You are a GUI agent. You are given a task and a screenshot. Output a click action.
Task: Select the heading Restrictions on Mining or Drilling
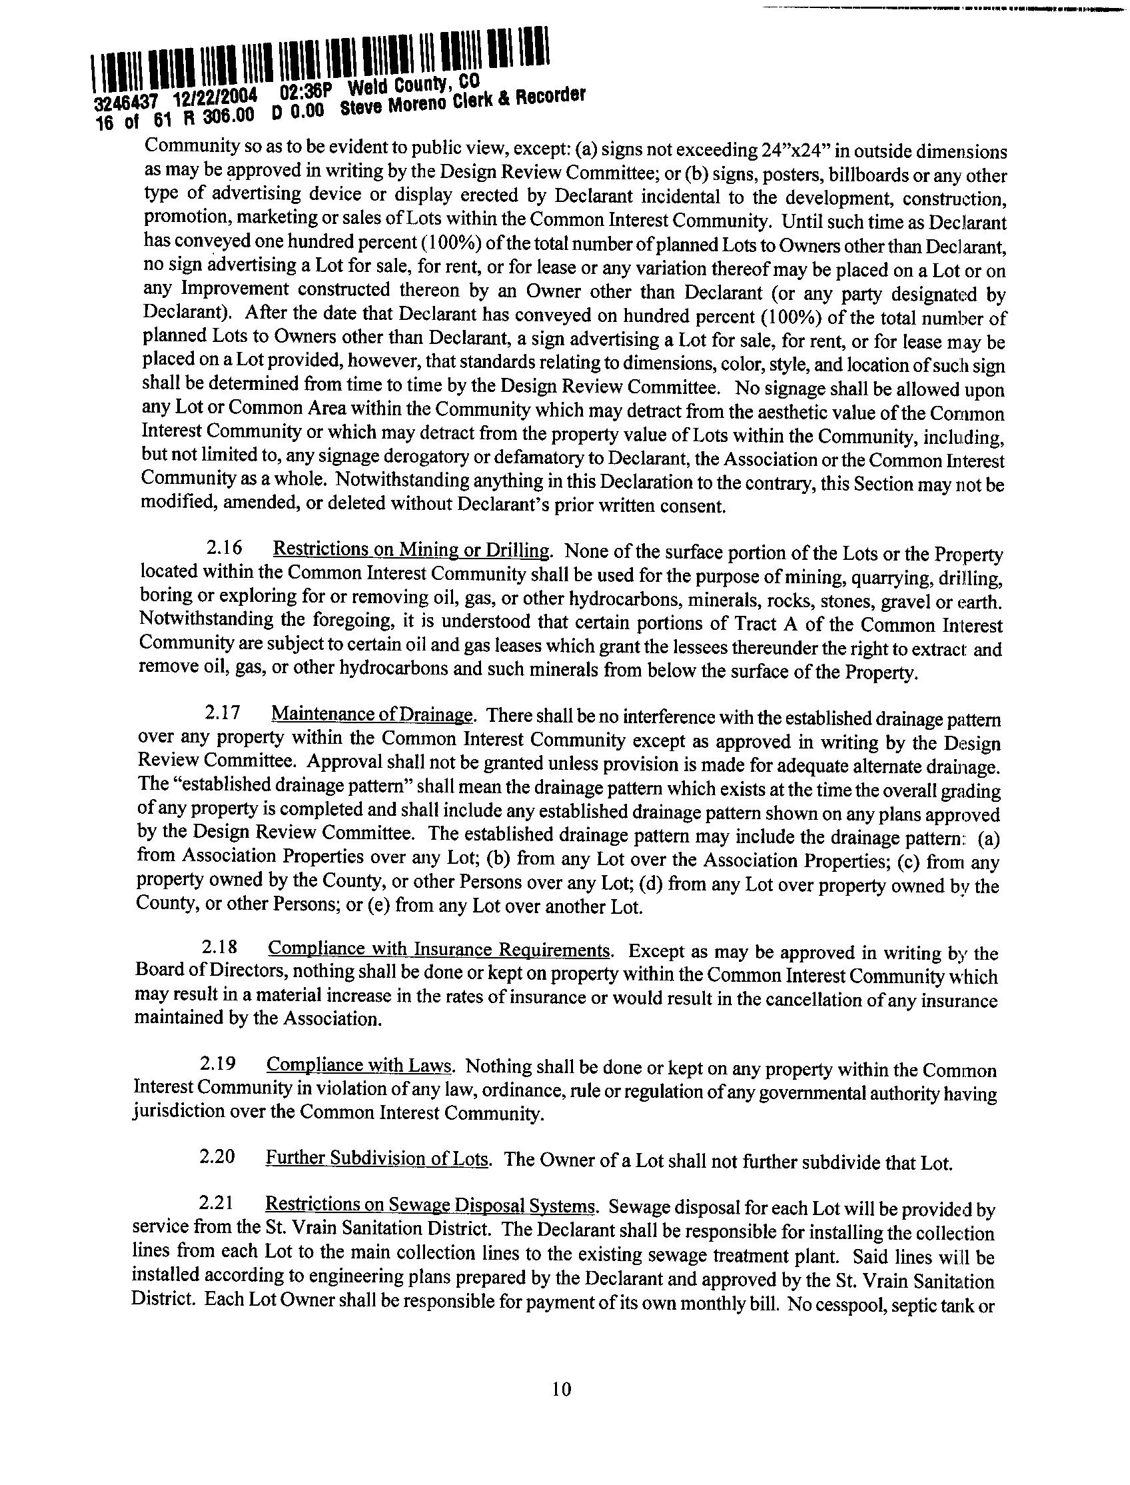(412, 550)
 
